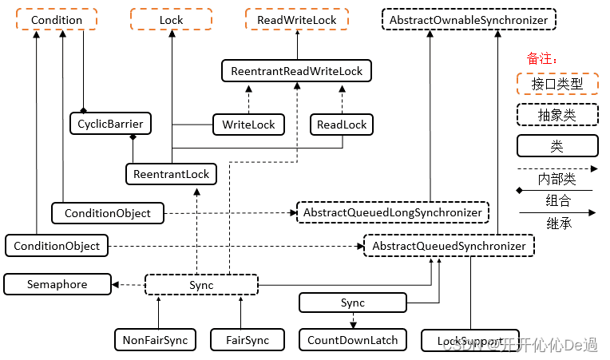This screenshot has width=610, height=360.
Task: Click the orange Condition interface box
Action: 57,20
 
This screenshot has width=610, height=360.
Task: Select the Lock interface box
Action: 172,20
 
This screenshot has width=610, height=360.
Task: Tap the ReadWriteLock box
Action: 296,20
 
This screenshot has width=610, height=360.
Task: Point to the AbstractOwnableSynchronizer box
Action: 469,20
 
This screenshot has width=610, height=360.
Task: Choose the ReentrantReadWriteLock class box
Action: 296,71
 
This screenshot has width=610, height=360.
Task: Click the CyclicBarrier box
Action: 110,124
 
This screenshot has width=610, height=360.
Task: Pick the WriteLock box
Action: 248,125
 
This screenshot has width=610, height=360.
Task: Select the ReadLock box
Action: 342,125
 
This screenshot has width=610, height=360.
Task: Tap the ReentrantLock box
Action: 171,174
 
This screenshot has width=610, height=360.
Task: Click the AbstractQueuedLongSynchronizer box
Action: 392,212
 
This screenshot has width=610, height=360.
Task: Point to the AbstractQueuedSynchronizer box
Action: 449,246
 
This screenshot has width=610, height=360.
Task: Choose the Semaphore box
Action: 57,284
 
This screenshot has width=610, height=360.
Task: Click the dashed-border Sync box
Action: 201,285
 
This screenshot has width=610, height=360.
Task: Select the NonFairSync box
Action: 155,340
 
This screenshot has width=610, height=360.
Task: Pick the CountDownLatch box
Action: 352,340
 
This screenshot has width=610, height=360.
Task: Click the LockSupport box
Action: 469,341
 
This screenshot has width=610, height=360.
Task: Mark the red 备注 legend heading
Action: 542,58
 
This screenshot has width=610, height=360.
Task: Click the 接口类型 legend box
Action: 557,83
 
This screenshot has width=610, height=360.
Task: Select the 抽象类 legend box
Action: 557,115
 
